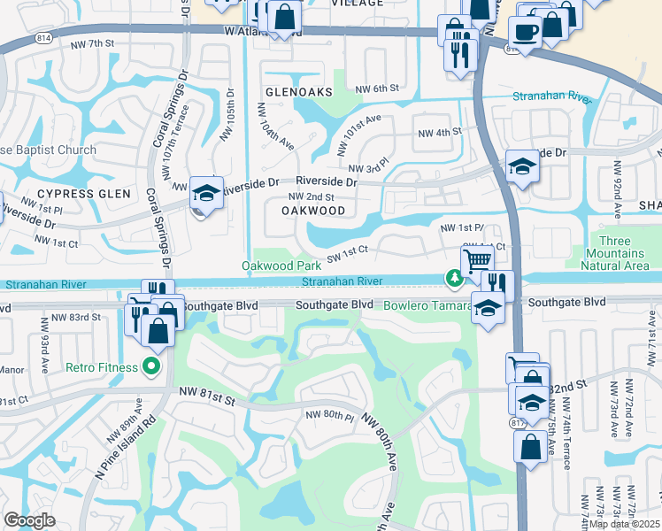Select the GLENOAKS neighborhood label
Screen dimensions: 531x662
(297, 92)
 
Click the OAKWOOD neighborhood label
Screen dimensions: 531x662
(312, 211)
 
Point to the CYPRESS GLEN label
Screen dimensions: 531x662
(84, 193)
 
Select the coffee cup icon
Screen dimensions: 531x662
(525, 31)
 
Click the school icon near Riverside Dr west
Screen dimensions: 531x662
(206, 192)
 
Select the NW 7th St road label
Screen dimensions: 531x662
(96, 42)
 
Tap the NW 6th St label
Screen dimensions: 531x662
(378, 88)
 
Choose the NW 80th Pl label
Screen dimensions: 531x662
(329, 415)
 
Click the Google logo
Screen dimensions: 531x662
(29, 520)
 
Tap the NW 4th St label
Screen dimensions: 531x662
(440, 132)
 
